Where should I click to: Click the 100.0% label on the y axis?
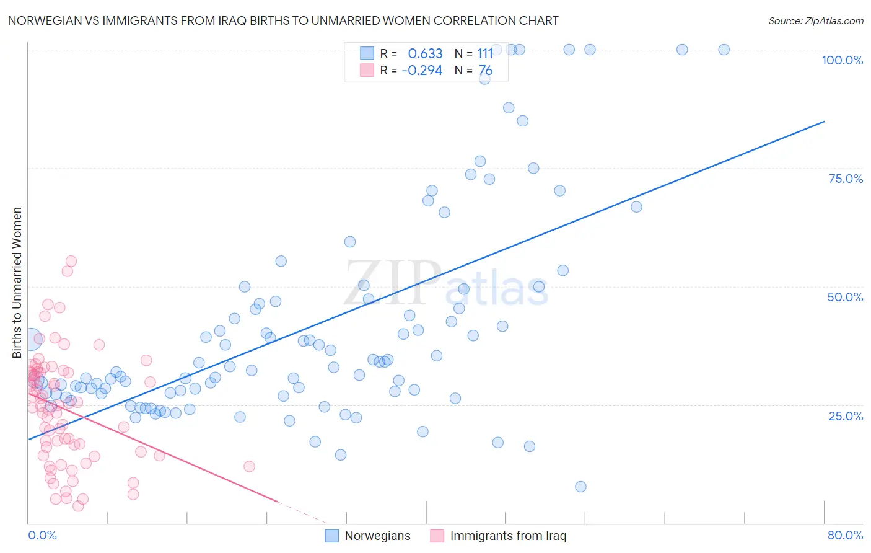[x=842, y=60]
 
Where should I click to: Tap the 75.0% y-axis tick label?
[x=846, y=179]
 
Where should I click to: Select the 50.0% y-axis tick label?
[x=845, y=297]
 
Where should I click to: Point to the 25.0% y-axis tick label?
[x=846, y=415]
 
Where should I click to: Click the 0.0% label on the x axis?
[x=42, y=535]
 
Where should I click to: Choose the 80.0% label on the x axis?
[x=845, y=535]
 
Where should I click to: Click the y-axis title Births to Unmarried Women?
[x=17, y=283]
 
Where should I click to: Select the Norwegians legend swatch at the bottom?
[x=332, y=536]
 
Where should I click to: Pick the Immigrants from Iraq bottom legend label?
[x=508, y=536]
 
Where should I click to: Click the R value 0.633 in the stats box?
[x=425, y=54]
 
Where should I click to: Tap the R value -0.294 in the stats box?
[x=422, y=71]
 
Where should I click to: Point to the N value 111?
[x=485, y=54]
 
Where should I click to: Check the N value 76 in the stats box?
[x=486, y=71]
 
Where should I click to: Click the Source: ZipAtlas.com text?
[x=815, y=21]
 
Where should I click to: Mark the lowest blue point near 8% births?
[x=580, y=487]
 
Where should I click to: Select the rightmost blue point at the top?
[x=724, y=50]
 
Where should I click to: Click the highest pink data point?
[x=71, y=262]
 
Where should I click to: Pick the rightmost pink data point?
[x=249, y=466]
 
